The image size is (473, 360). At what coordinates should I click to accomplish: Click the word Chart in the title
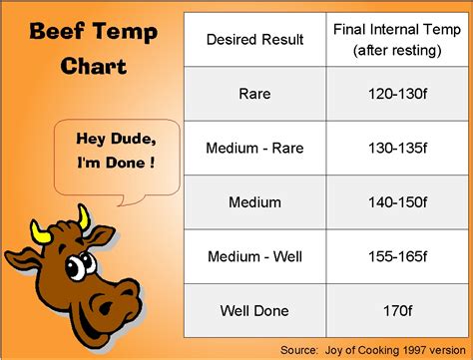point(93,66)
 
